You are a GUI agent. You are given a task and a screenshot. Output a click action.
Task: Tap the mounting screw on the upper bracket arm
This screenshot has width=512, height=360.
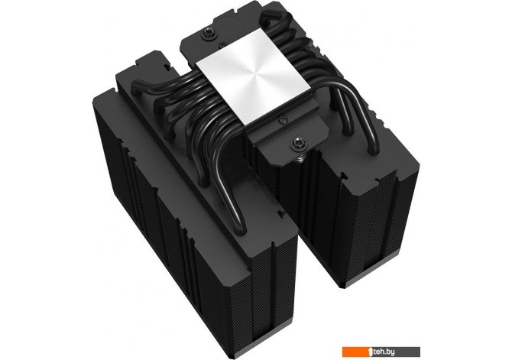point(206,32)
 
